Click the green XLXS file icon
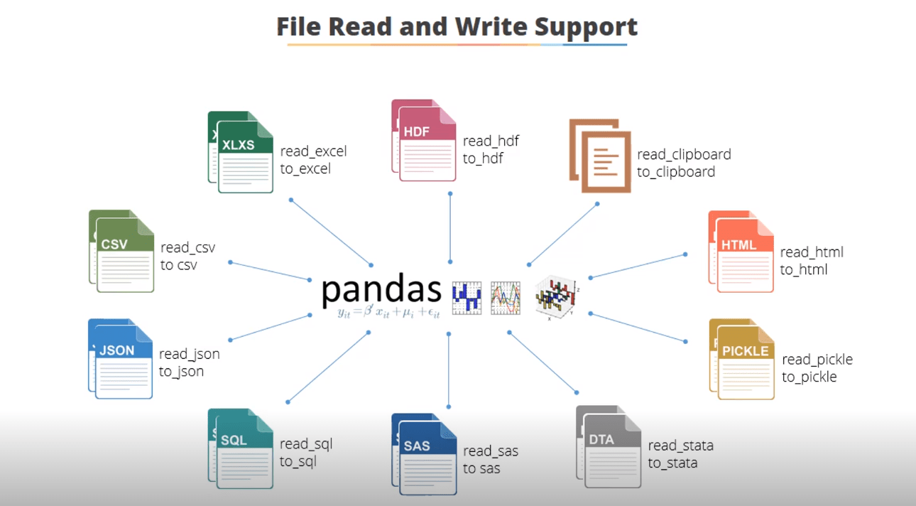(x=241, y=152)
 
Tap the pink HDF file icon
(x=424, y=140)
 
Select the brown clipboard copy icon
(x=600, y=156)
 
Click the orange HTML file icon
(x=741, y=252)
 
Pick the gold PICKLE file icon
(x=741, y=358)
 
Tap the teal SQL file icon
(x=241, y=448)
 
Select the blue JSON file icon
(x=120, y=358)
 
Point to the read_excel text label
(x=313, y=151)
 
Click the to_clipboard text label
(x=676, y=172)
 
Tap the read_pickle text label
(x=817, y=360)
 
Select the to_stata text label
(x=672, y=463)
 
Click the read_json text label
(x=189, y=354)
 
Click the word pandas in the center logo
(x=381, y=290)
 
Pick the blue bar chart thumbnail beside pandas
(x=467, y=298)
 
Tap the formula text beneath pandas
(x=388, y=313)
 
